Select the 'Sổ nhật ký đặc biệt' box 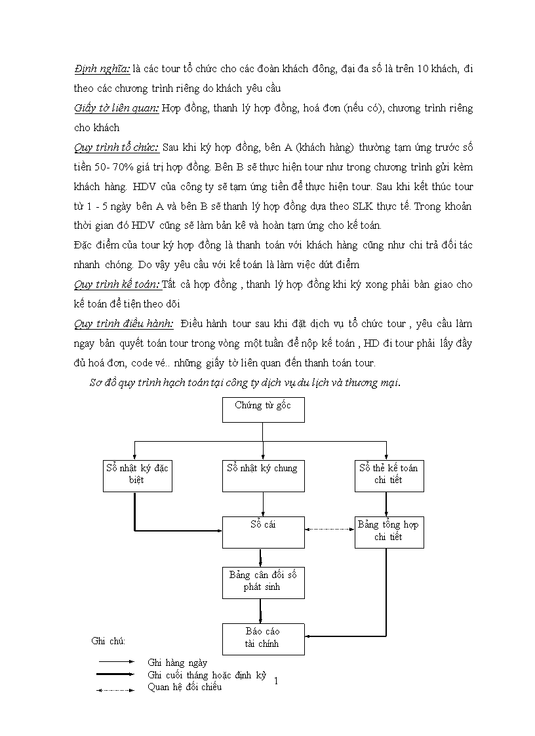click(x=137, y=476)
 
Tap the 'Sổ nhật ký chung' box click(x=262, y=476)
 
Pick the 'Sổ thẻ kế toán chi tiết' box click(x=388, y=476)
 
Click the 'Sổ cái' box click(x=262, y=532)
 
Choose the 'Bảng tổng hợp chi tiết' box click(x=388, y=532)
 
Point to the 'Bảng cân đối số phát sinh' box click(x=262, y=582)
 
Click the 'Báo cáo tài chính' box click(x=262, y=638)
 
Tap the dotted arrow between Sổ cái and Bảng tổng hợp click(x=329, y=530)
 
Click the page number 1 click(x=276, y=681)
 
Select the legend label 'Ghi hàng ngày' click(x=178, y=663)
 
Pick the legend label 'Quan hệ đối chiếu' click(x=185, y=687)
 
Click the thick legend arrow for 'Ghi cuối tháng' click(x=119, y=674)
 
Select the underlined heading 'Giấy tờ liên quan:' click(x=116, y=108)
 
